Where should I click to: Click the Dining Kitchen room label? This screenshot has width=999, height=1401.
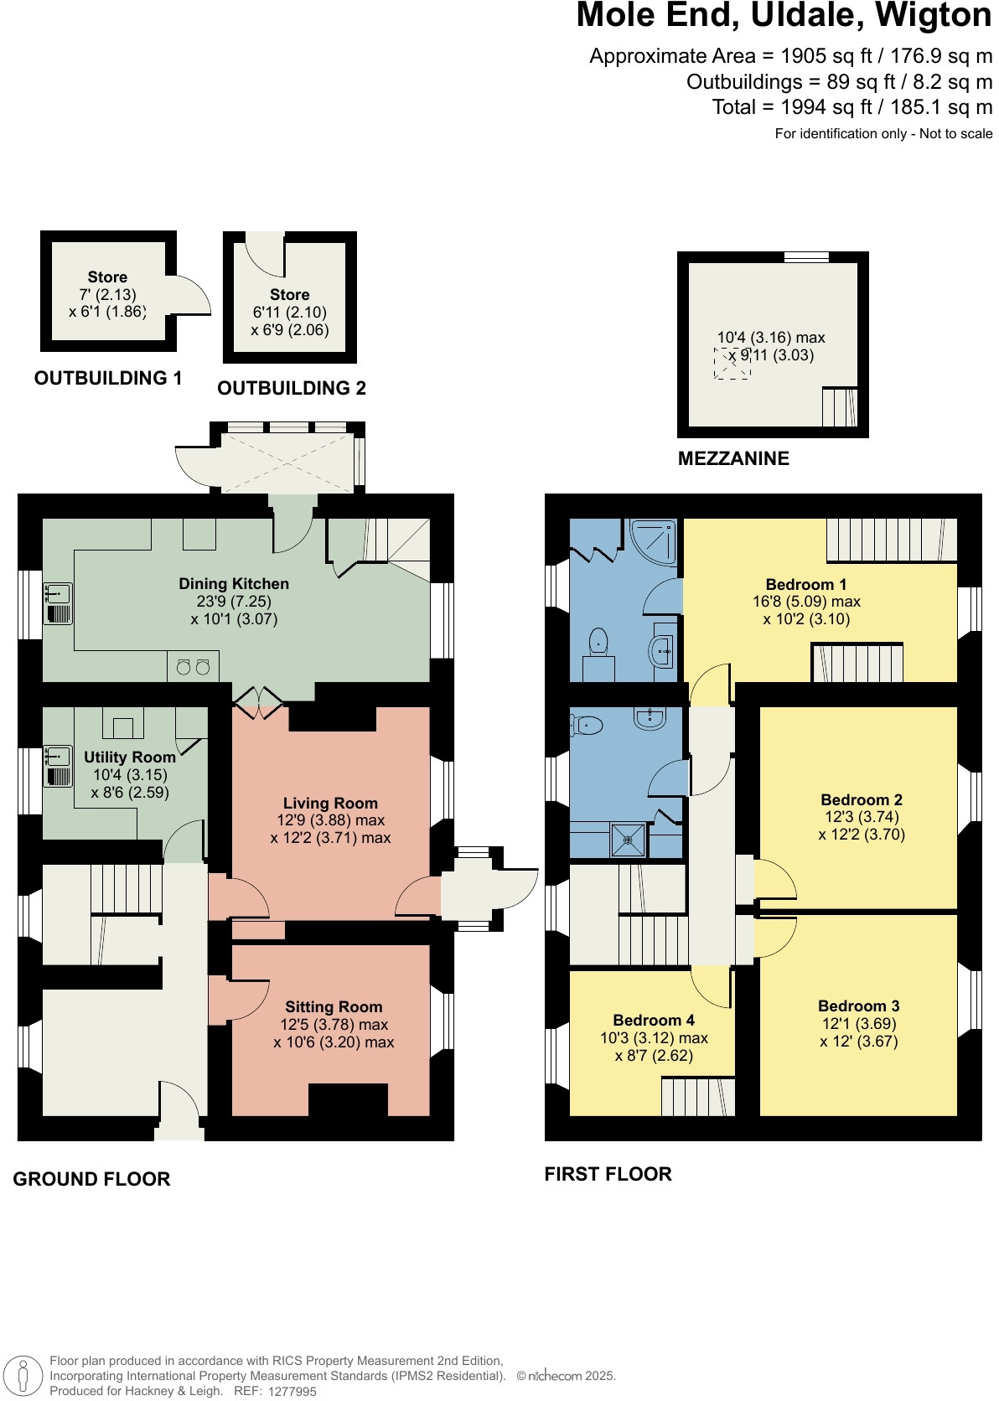tap(234, 584)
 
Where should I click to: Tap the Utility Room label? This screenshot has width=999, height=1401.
tap(129, 757)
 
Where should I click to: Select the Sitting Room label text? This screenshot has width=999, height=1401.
tap(334, 1006)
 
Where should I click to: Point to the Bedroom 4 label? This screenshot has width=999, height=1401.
tap(654, 1020)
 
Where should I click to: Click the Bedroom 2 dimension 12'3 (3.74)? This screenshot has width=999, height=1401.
tap(862, 817)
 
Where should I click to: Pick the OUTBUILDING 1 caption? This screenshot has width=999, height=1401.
tap(108, 378)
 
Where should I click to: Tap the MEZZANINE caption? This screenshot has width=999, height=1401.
tap(733, 458)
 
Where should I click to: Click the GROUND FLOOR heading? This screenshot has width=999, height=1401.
tap(91, 1179)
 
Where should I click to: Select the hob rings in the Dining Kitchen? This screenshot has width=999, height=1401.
tap(193, 667)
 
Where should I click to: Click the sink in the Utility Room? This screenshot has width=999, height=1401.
tap(58, 766)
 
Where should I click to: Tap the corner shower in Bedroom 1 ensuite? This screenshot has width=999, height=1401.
tap(654, 542)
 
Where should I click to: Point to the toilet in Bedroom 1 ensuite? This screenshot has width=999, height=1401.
tap(598, 642)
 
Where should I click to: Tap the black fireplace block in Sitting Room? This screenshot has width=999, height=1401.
tap(348, 1099)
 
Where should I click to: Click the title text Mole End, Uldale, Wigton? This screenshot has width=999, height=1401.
tap(784, 16)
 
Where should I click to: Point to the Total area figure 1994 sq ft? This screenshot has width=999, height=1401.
tap(851, 107)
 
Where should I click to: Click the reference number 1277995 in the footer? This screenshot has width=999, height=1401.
tap(292, 1392)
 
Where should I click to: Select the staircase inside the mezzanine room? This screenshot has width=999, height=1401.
tap(839, 407)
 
